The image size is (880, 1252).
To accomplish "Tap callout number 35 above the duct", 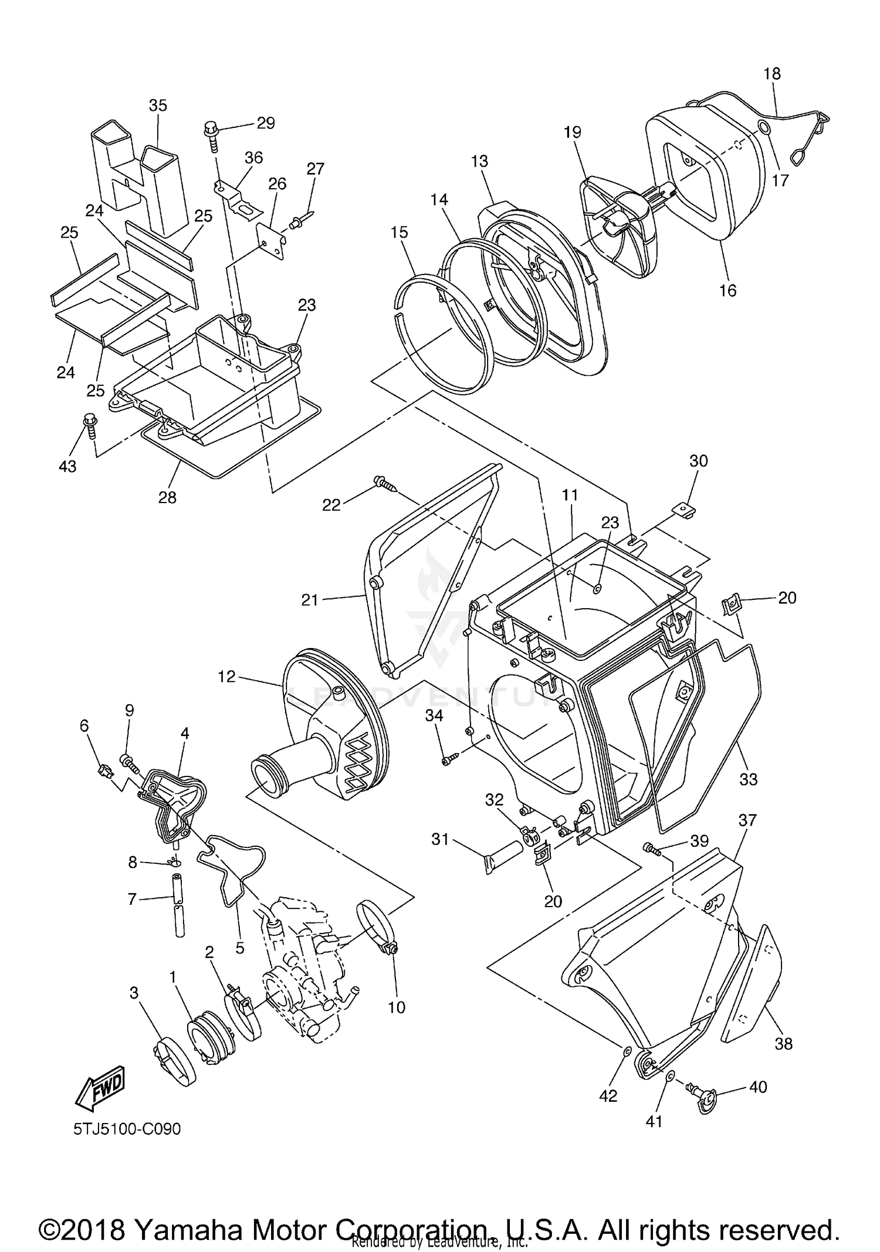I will (x=157, y=106).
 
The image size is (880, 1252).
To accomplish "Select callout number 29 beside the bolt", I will (x=266, y=123).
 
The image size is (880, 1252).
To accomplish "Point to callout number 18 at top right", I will (x=772, y=74).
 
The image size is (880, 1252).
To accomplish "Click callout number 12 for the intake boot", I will (x=226, y=676).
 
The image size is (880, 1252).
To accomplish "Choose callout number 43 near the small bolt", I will (x=68, y=466).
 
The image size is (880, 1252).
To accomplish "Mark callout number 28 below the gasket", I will (x=167, y=497).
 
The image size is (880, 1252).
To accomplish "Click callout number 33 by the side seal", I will (x=749, y=779).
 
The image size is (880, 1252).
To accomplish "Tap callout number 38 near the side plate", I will (x=784, y=1043).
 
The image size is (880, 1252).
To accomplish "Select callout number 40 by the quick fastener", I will (x=758, y=1087).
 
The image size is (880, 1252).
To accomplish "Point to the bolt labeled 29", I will (x=211, y=134).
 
